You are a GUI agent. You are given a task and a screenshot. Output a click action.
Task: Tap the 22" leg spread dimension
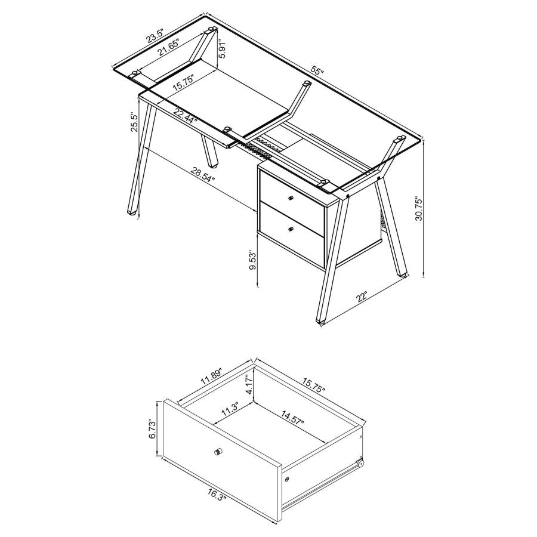point(362,296)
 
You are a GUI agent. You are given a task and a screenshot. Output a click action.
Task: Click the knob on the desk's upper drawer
point(291,199)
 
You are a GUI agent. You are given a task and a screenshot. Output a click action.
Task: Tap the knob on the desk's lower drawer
point(290,229)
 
